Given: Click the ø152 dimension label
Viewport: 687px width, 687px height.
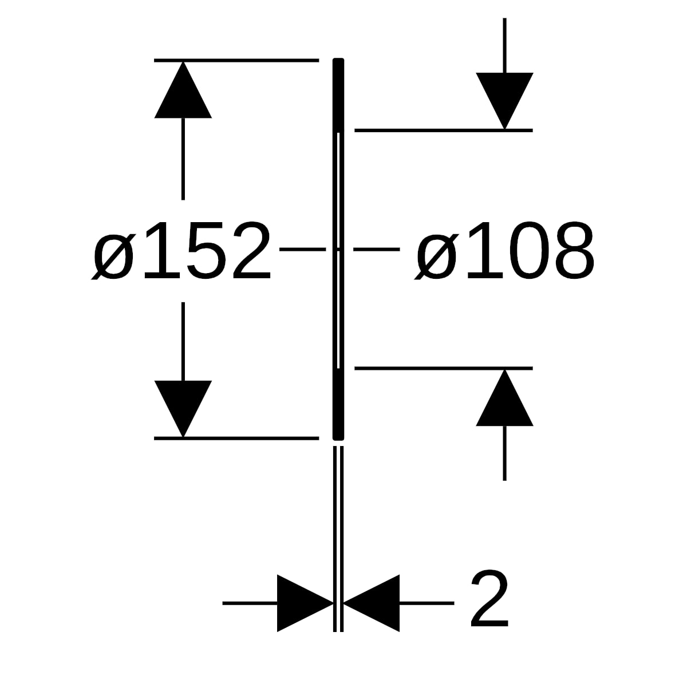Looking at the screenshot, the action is click(x=181, y=251).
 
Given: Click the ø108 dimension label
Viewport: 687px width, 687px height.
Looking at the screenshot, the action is click(x=504, y=251).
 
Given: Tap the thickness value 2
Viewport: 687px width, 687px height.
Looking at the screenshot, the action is click(x=489, y=603).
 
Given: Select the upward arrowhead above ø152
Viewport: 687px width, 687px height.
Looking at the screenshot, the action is click(x=183, y=89).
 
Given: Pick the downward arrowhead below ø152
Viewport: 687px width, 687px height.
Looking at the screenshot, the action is click(x=183, y=409).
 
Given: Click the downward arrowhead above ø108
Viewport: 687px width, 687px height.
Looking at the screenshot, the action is click(x=504, y=101).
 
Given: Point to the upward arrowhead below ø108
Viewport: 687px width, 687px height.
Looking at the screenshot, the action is click(x=504, y=397).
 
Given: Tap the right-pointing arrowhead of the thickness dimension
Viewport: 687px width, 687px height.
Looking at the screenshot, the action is click(x=306, y=603).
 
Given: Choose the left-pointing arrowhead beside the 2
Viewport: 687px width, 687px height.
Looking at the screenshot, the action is click(x=371, y=603).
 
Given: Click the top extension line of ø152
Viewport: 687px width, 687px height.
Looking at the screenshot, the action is click(x=236, y=61).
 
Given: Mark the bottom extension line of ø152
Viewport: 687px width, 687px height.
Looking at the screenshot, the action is click(x=236, y=438).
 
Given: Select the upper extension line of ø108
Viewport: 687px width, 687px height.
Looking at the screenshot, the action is click(x=444, y=131).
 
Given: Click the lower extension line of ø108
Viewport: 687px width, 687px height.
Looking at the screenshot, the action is click(x=444, y=368).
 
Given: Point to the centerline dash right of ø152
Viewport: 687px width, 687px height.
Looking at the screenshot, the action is click(x=303, y=249).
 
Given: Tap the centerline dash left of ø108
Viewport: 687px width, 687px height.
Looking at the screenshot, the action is click(x=377, y=249).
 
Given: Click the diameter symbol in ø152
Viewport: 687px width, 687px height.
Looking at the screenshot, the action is click(x=113, y=256).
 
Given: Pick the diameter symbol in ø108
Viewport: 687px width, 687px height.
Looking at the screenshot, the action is click(x=436, y=256).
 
